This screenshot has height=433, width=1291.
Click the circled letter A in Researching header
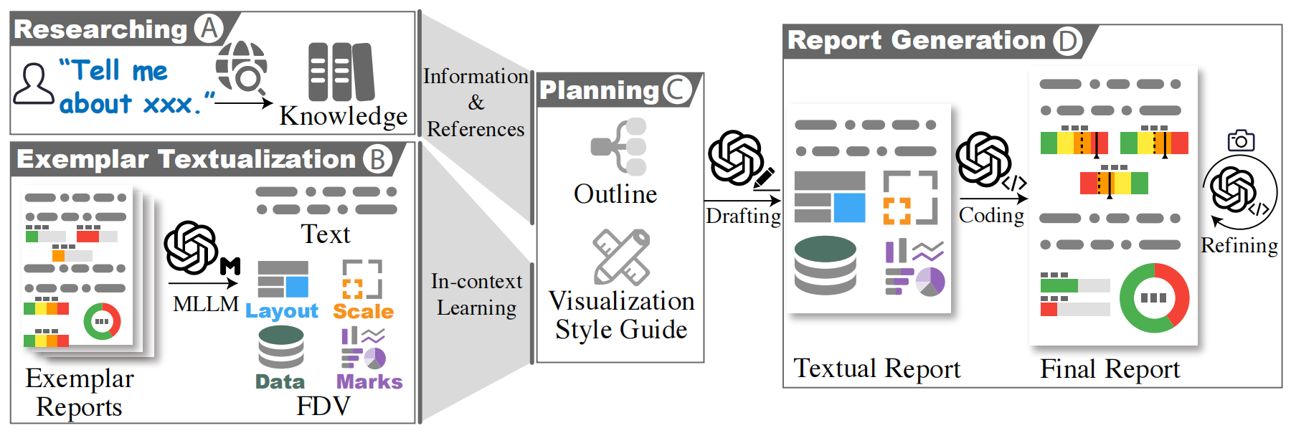click(x=209, y=29)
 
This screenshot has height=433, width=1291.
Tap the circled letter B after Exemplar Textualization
click(x=377, y=159)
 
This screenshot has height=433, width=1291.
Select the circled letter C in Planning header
click(x=677, y=90)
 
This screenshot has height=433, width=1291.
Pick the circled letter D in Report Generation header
click(x=1067, y=41)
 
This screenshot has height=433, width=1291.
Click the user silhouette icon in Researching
click(x=34, y=84)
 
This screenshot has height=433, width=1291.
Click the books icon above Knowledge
click(x=341, y=72)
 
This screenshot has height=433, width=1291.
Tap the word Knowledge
click(x=343, y=116)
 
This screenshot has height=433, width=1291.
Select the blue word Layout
click(x=281, y=311)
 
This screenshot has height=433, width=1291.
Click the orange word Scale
click(x=363, y=312)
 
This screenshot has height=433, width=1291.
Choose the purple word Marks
click(x=369, y=382)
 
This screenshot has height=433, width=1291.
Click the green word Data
click(x=280, y=382)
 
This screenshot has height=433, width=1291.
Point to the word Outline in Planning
click(x=615, y=194)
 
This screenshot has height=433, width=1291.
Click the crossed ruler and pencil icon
click(x=622, y=257)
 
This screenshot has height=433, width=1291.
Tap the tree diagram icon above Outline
click(x=618, y=147)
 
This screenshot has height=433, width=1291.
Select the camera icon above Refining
click(x=1241, y=141)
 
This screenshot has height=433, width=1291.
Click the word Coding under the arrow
click(x=991, y=216)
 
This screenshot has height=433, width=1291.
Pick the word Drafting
click(x=743, y=217)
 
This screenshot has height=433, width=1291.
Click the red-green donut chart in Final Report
click(x=1154, y=298)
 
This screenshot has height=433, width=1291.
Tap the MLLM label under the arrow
click(x=206, y=304)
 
